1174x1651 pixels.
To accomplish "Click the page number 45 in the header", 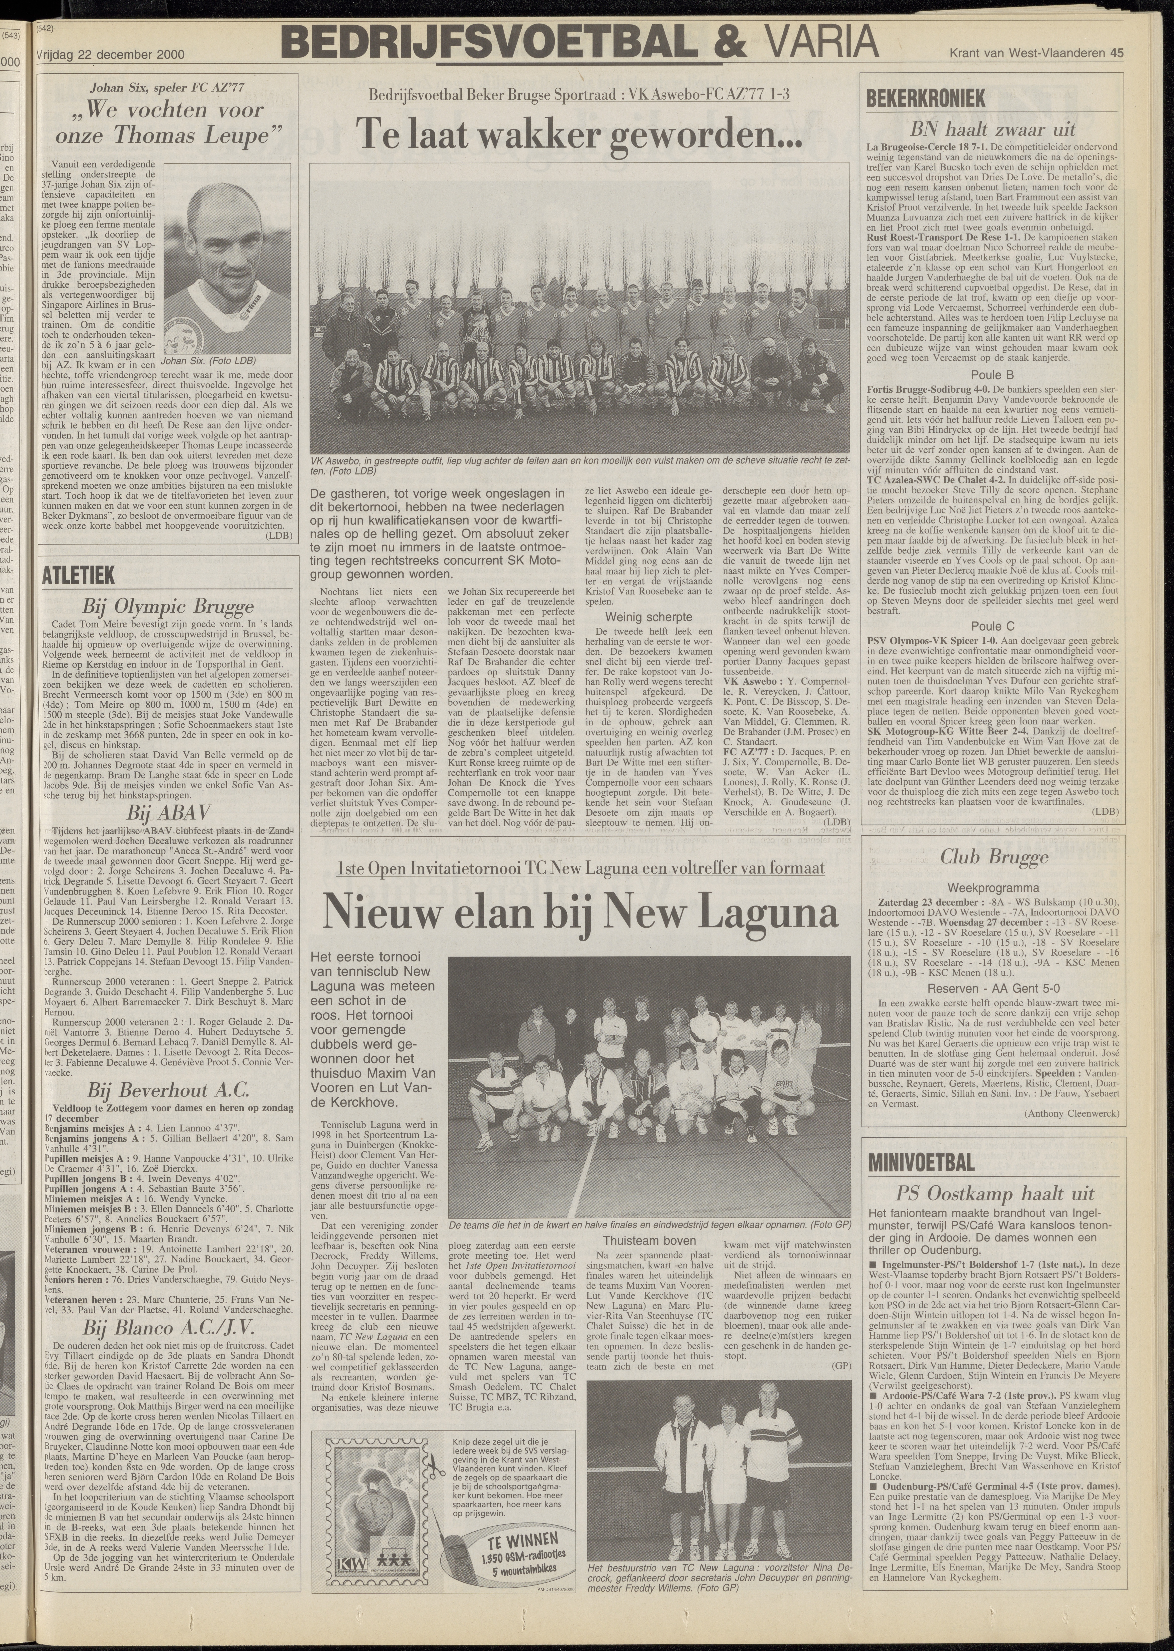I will [x=1118, y=52].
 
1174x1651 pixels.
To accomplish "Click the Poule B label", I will [x=992, y=374].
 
